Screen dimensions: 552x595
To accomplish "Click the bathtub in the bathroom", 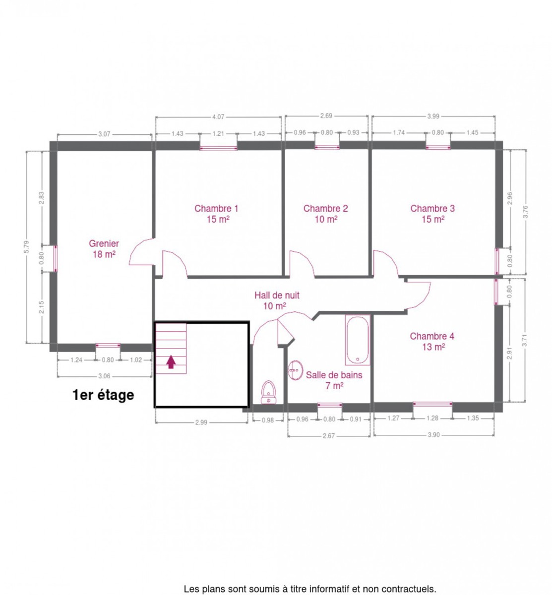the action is pyautogui.click(x=357, y=340).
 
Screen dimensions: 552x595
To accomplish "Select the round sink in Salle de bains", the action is pyautogui.click(x=295, y=370).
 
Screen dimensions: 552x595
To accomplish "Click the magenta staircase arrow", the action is pyautogui.click(x=171, y=361).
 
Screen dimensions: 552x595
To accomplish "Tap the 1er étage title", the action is pyautogui.click(x=103, y=395).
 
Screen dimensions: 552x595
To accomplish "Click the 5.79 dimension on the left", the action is pyautogui.click(x=26, y=247).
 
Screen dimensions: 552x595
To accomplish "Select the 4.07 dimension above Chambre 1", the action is pyautogui.click(x=218, y=117).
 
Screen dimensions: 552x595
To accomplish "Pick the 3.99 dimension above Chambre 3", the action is pyautogui.click(x=433, y=116).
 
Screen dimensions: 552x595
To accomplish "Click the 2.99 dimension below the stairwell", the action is pyautogui.click(x=201, y=422).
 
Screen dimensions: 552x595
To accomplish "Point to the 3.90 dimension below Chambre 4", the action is pyautogui.click(x=433, y=435).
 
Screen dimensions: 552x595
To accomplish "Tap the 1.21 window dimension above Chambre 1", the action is pyautogui.click(x=218, y=133).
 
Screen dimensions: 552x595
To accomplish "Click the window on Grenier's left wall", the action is pyautogui.click(x=56, y=258).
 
